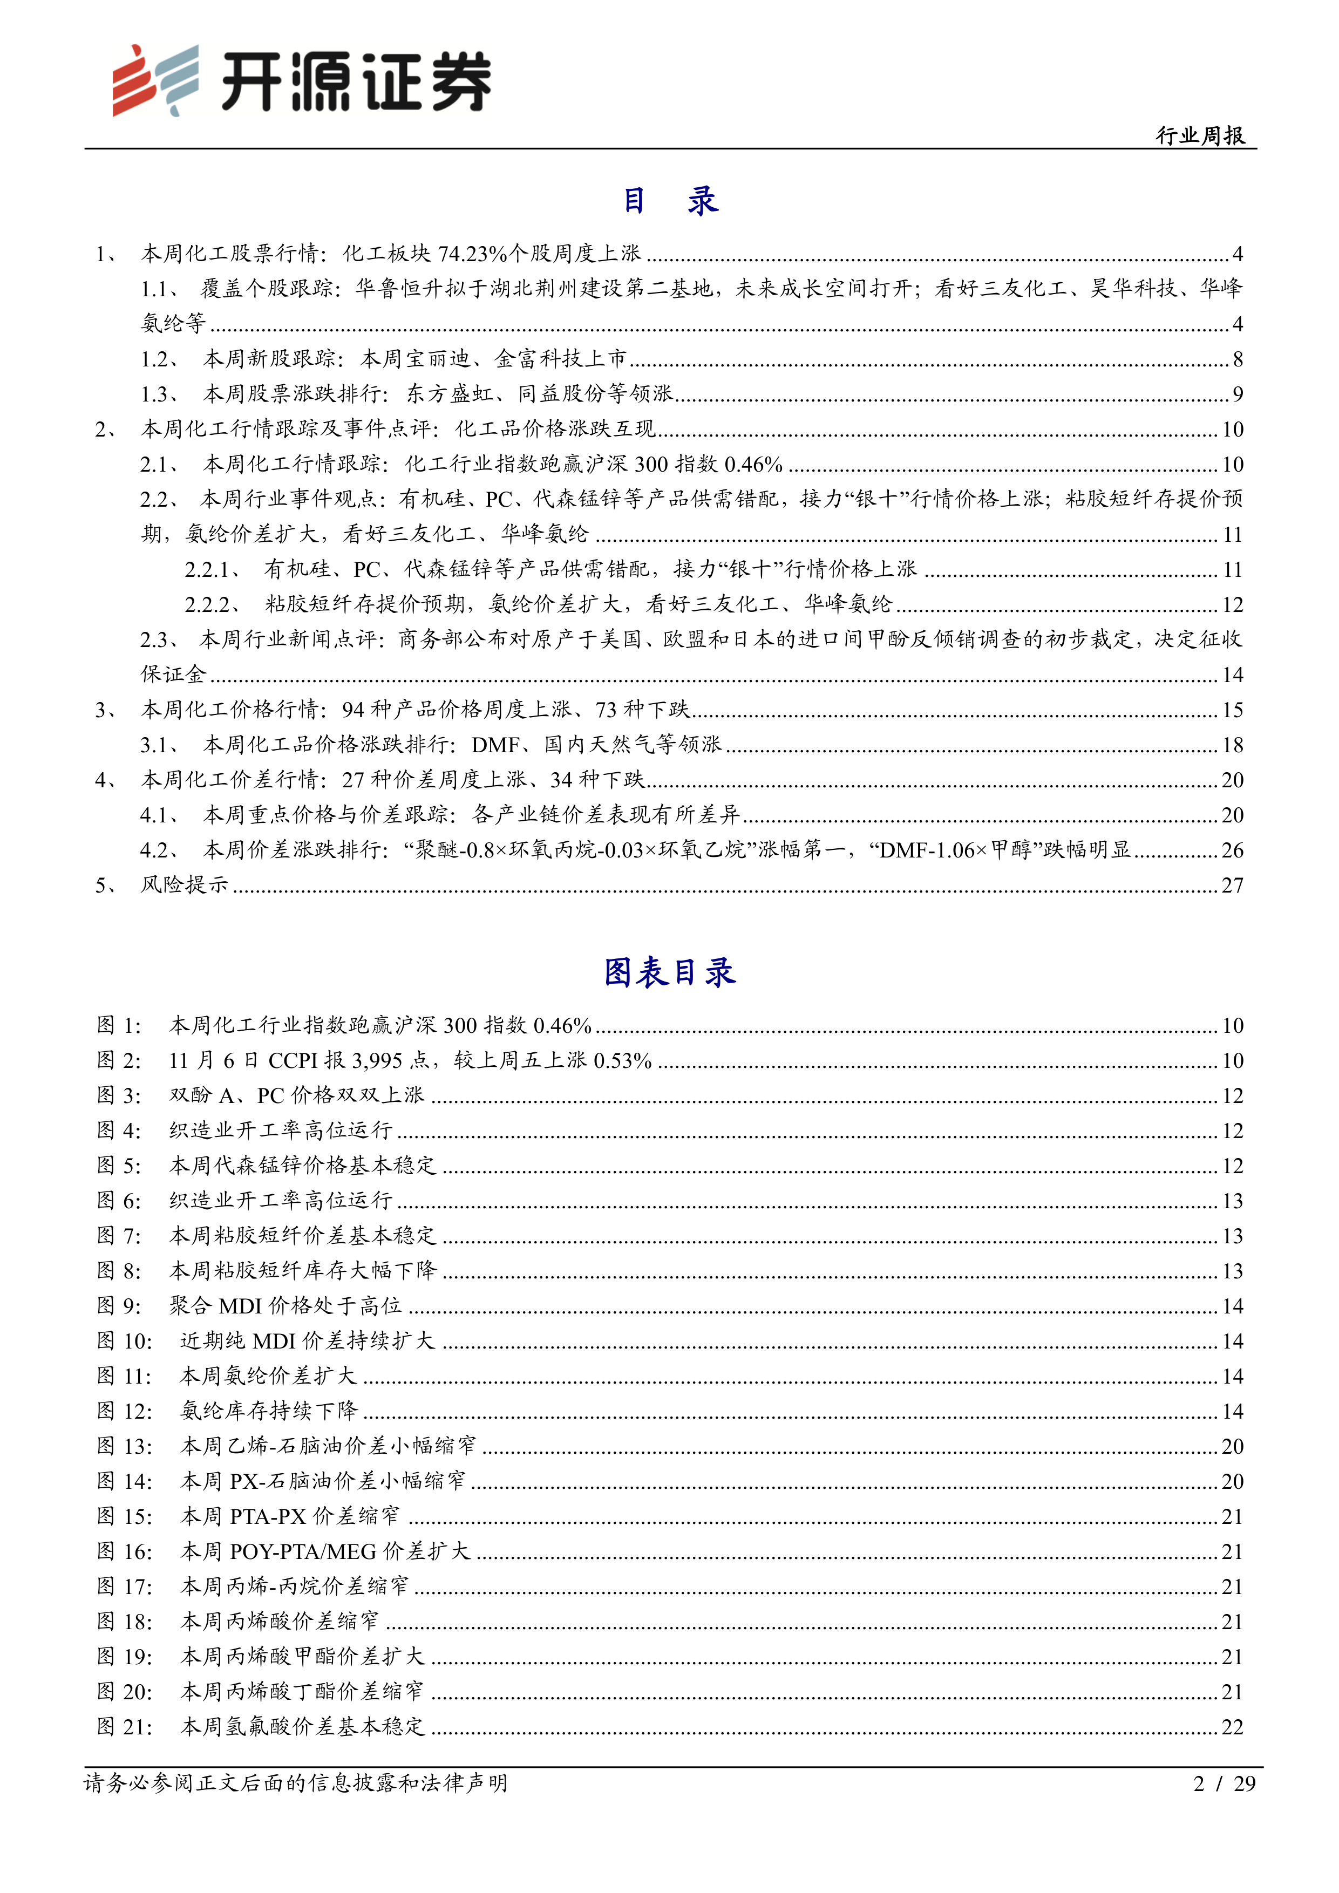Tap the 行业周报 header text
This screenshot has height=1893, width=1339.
(x=1200, y=135)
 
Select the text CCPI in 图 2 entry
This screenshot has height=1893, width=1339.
(x=294, y=1060)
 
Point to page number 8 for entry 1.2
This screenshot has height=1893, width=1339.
(x=1237, y=359)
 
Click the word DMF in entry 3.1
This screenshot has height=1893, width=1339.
(x=495, y=745)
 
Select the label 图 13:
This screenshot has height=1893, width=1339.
(x=125, y=1446)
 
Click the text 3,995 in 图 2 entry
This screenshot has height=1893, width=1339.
(x=377, y=1060)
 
